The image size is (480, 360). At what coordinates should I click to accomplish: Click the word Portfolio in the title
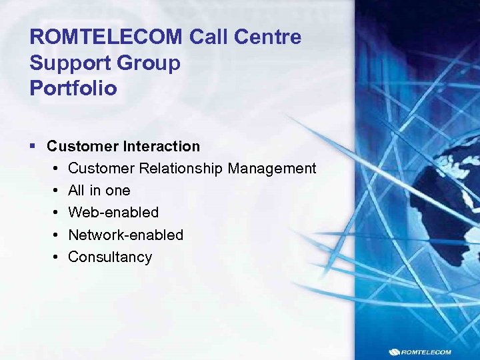pyautogui.click(x=73, y=89)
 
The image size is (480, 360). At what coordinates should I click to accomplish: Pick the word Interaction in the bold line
pyautogui.click(x=158, y=146)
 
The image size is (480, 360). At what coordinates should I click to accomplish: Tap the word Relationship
pyautogui.click(x=179, y=169)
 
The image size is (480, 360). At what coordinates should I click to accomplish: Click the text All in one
pyautogui.click(x=99, y=191)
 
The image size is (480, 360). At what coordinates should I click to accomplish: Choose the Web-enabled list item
pyautogui.click(x=113, y=213)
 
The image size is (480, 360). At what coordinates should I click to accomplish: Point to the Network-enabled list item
pyautogui.click(x=125, y=235)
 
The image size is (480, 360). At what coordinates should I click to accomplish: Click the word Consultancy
pyautogui.click(x=110, y=257)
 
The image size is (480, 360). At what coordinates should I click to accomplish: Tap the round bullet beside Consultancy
pyautogui.click(x=54, y=257)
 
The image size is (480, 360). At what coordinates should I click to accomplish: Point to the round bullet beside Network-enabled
pyautogui.click(x=54, y=235)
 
